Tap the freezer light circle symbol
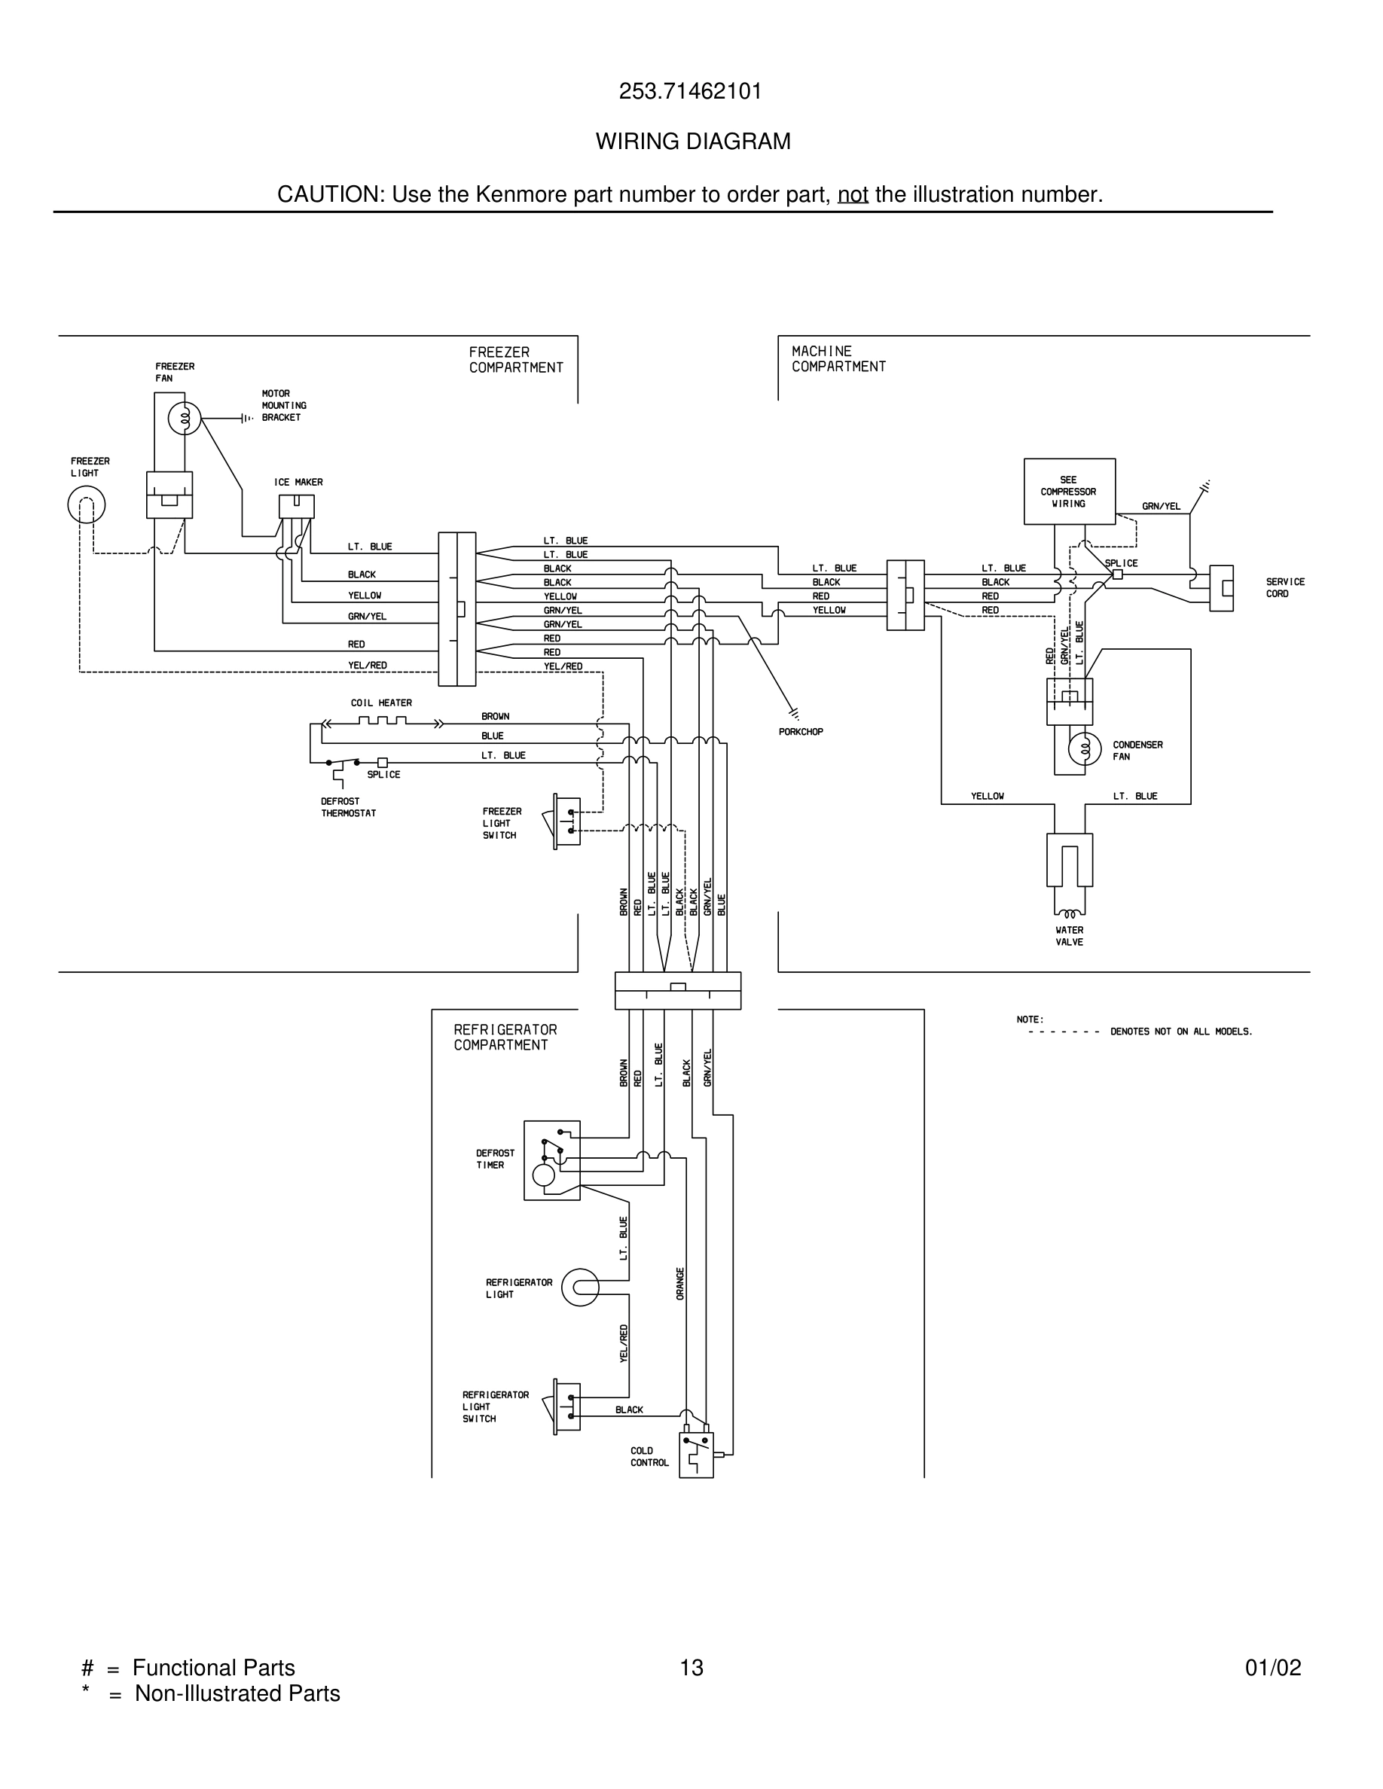86,504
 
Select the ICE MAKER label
298,483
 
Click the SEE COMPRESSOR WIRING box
1068,492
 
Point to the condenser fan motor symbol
1084,748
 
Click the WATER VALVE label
1069,935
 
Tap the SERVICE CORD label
1284,587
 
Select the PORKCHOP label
801,732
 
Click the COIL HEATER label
381,702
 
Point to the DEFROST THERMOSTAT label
348,807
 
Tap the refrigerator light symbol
580,1288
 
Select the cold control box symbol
695,1455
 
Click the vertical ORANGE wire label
680,1284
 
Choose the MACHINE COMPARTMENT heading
838,359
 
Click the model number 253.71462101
690,91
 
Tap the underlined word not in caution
852,195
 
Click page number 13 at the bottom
691,1668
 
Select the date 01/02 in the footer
1272,1668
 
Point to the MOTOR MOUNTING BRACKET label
283,406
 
